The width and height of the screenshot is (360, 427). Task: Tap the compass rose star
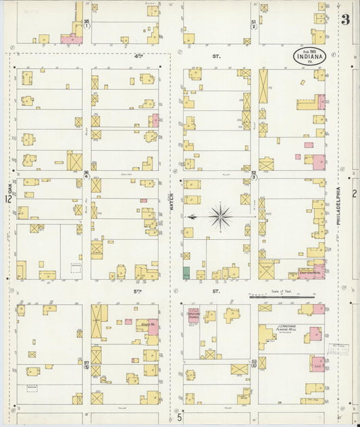pyautogui.click(x=220, y=217)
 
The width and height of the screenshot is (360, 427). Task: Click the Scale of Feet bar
pyautogui.click(x=282, y=296)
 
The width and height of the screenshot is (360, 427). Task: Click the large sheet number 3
pyautogui.click(x=345, y=20)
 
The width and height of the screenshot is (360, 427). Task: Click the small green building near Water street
pyautogui.click(x=186, y=273)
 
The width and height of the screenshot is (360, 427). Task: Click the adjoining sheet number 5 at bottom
pyautogui.click(x=180, y=418)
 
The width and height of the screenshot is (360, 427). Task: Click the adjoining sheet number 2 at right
pyautogui.click(x=354, y=194)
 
